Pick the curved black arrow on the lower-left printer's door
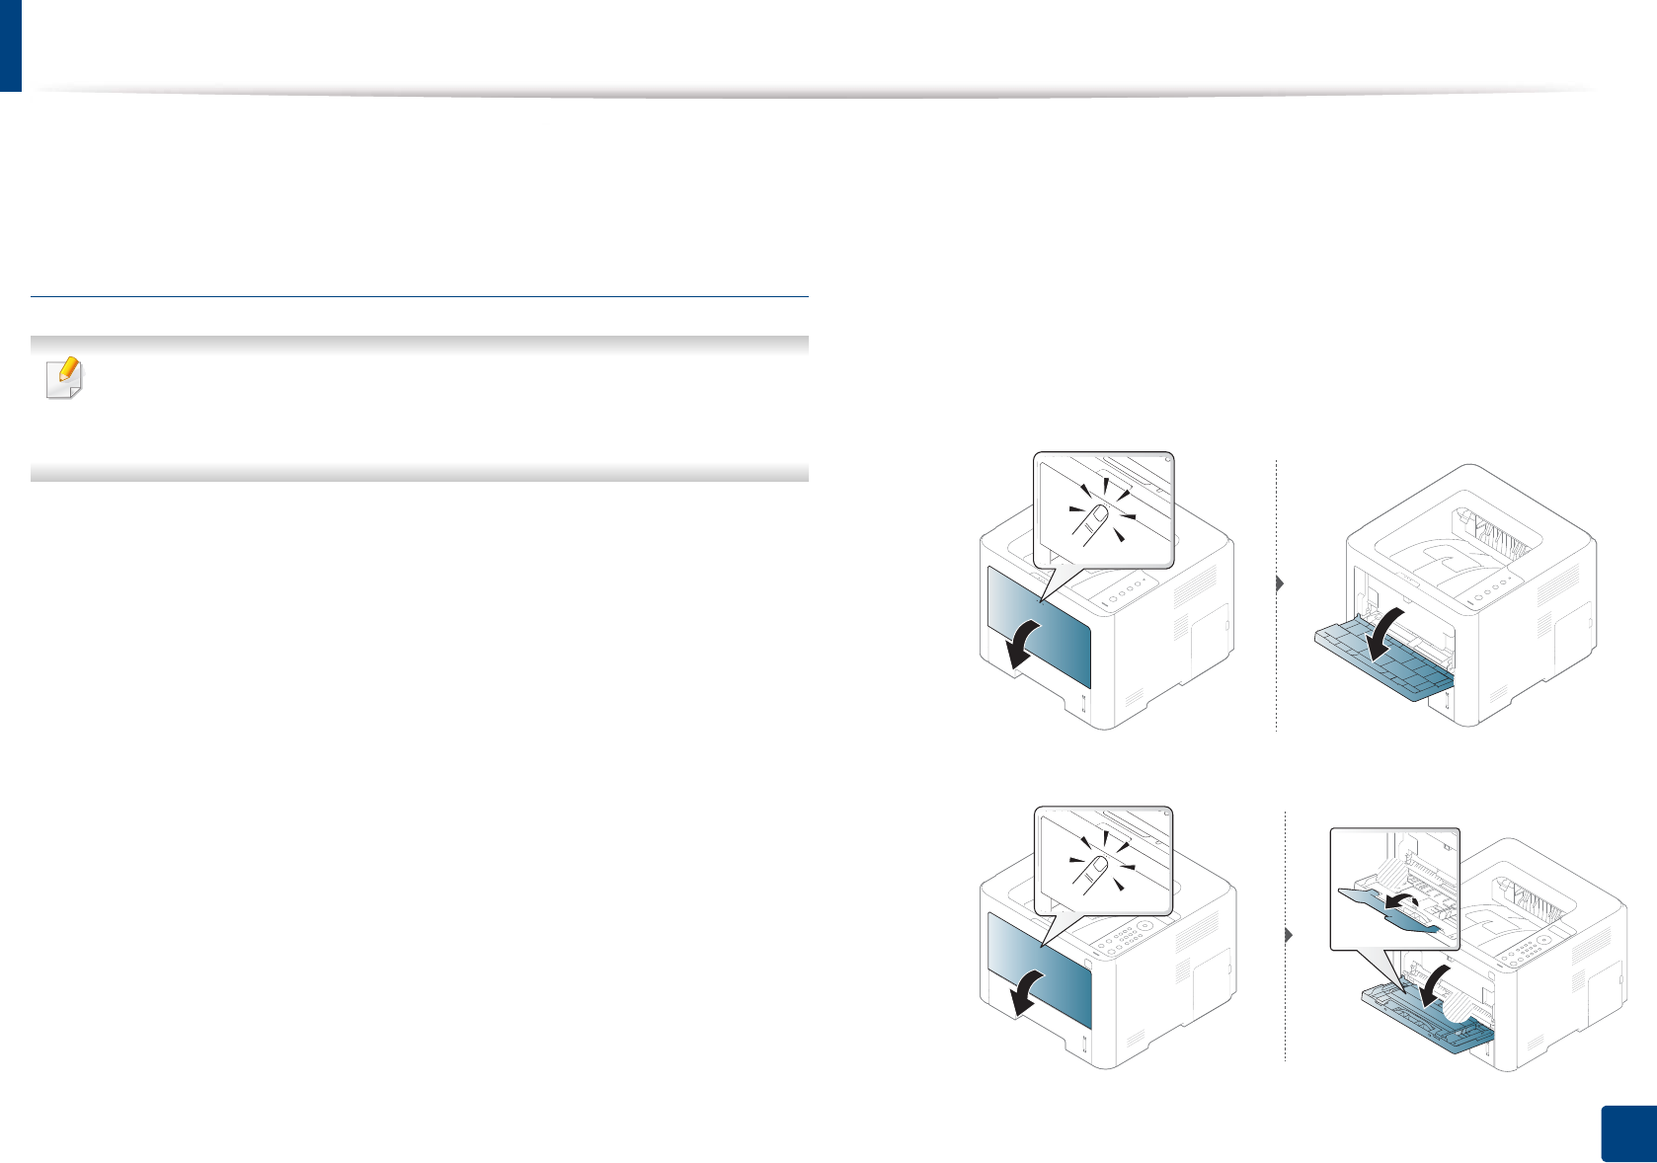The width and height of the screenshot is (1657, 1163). coord(1017,991)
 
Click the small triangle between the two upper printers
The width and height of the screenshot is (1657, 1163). coord(1280,583)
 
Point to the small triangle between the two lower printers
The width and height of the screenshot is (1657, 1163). coord(1288,934)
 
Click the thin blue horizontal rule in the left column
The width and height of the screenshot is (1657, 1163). coord(420,296)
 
